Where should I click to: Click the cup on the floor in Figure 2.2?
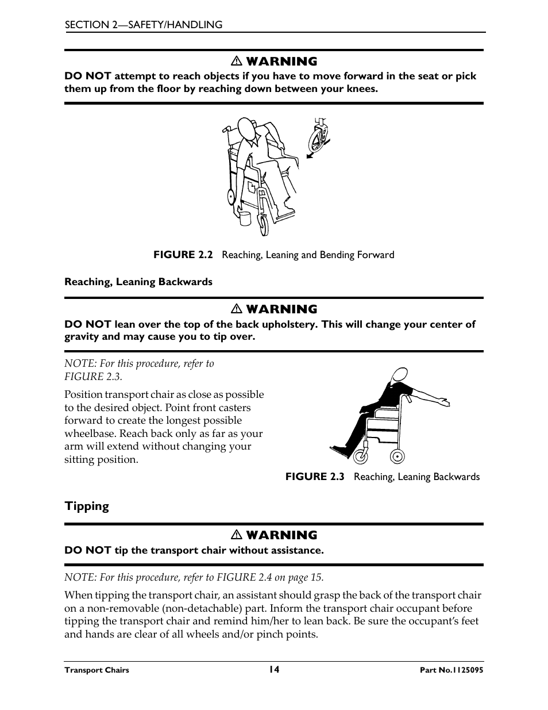click(x=245, y=219)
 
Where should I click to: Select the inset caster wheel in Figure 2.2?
click(x=318, y=138)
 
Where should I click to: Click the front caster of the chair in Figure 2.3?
click(x=361, y=456)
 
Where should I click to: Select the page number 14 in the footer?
click(x=274, y=669)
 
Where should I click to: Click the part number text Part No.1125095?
click(x=451, y=670)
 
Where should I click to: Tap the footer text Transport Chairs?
click(x=97, y=670)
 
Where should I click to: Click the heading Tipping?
click(x=87, y=506)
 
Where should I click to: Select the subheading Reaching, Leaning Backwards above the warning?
click(x=138, y=282)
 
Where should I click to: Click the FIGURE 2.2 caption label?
click(x=183, y=255)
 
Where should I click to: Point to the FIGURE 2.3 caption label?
click(x=315, y=477)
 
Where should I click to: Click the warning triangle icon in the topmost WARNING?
click(x=236, y=62)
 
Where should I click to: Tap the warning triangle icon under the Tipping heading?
click(x=236, y=535)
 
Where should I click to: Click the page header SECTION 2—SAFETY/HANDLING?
click(x=143, y=25)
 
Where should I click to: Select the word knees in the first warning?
click(x=361, y=89)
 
